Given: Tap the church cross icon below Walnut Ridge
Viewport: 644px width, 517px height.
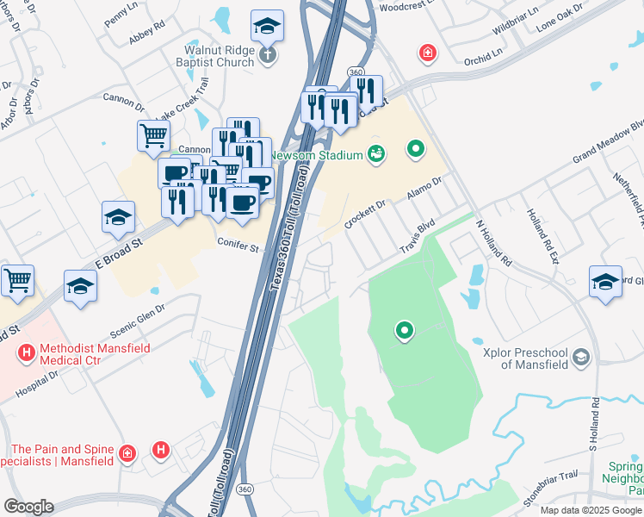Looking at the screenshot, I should pyautogui.click(x=268, y=56).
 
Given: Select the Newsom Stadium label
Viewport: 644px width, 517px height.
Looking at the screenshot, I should pyautogui.click(x=315, y=155).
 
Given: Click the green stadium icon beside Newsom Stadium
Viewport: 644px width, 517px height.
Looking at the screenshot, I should pyautogui.click(x=376, y=154).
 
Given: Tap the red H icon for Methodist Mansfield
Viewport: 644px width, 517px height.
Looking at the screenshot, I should pyautogui.click(x=26, y=353).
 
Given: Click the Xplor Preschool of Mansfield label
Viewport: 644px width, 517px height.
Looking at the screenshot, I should pyautogui.click(x=524, y=357).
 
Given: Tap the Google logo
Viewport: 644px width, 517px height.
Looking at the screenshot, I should pyautogui.click(x=28, y=507).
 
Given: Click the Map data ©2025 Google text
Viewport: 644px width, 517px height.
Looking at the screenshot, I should pyautogui.click(x=591, y=510).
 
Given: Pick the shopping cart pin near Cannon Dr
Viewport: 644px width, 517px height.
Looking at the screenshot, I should pyautogui.click(x=153, y=135).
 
